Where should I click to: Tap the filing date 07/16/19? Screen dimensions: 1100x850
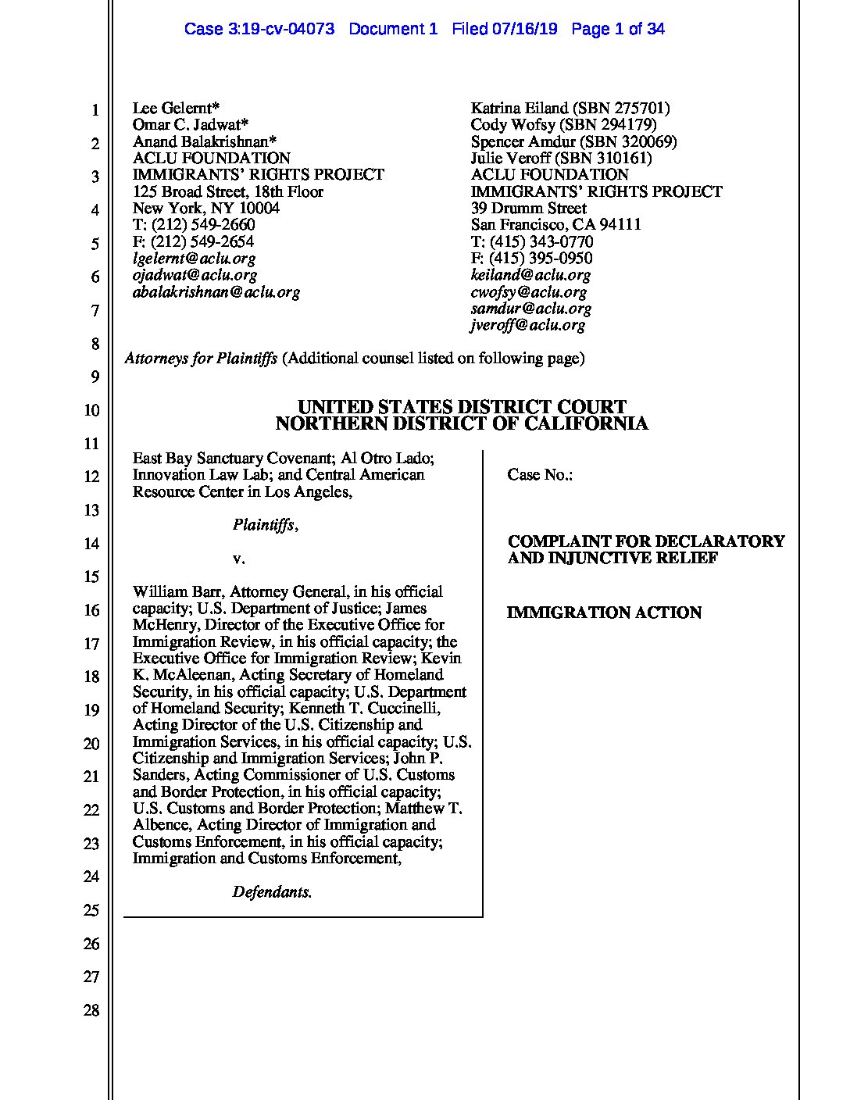click(526, 30)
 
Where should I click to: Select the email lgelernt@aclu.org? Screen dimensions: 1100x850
click(194, 259)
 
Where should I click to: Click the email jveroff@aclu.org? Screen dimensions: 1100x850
click(527, 326)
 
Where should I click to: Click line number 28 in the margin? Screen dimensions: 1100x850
click(91, 1011)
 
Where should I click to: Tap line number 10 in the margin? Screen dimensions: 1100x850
click(91, 411)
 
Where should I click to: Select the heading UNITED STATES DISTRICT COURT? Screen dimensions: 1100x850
click(462, 407)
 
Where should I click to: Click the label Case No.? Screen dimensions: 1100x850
click(540, 475)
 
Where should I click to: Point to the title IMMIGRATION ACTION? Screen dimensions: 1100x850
click(604, 613)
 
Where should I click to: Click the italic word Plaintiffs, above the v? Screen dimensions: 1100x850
click(265, 525)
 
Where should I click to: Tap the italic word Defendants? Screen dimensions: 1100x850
click(272, 892)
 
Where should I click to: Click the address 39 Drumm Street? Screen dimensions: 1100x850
click(528, 209)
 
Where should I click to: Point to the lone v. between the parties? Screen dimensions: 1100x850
click(239, 559)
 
